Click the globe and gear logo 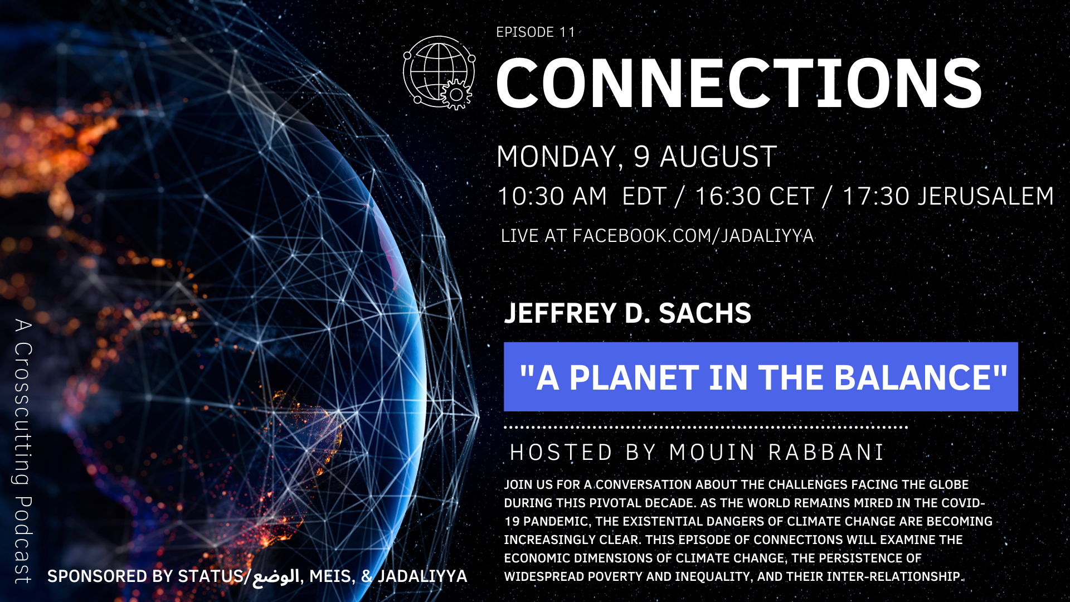[439, 72]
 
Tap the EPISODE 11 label [536, 32]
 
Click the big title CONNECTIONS [738, 84]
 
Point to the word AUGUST [719, 157]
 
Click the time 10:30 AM [552, 196]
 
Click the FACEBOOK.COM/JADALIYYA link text [693, 236]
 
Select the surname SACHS [705, 313]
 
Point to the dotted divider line [706, 428]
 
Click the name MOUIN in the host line [712, 453]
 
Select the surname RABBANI [826, 453]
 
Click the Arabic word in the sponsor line [276, 576]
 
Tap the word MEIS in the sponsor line [330, 576]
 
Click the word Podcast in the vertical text [23, 540]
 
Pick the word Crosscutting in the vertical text [23, 413]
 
